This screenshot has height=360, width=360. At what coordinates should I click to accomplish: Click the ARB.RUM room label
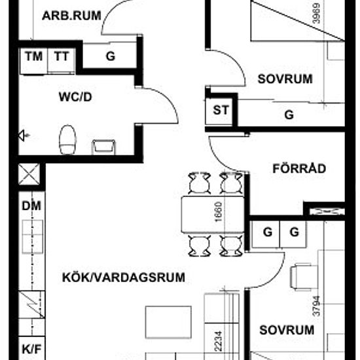tap(71, 16)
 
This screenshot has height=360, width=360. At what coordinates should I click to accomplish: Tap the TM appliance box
tap(33, 61)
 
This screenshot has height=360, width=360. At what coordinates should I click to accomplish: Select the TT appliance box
tap(62, 60)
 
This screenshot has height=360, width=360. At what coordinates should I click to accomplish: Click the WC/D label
tap(75, 97)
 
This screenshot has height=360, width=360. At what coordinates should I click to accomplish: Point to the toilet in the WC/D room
tap(67, 139)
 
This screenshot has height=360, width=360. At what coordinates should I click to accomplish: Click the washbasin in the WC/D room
tap(103, 147)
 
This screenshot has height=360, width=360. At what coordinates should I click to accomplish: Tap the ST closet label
tap(221, 110)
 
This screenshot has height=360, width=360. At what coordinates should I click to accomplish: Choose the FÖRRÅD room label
tap(299, 168)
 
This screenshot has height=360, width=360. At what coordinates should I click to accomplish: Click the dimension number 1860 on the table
tap(219, 211)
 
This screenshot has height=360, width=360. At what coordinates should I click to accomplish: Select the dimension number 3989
tap(317, 13)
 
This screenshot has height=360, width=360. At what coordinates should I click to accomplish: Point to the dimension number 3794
tap(317, 306)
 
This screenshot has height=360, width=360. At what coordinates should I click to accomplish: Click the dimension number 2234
tap(219, 341)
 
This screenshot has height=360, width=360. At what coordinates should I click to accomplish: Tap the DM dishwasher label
tap(31, 206)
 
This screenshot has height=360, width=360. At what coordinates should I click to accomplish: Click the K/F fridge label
tap(31, 349)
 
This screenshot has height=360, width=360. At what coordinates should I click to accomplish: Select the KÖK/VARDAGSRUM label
tap(124, 278)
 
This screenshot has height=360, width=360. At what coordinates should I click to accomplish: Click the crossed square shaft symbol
tap(29, 174)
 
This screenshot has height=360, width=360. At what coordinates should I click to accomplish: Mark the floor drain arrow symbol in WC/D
tap(24, 135)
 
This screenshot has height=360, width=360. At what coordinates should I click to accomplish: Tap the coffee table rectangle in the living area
tap(168, 322)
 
